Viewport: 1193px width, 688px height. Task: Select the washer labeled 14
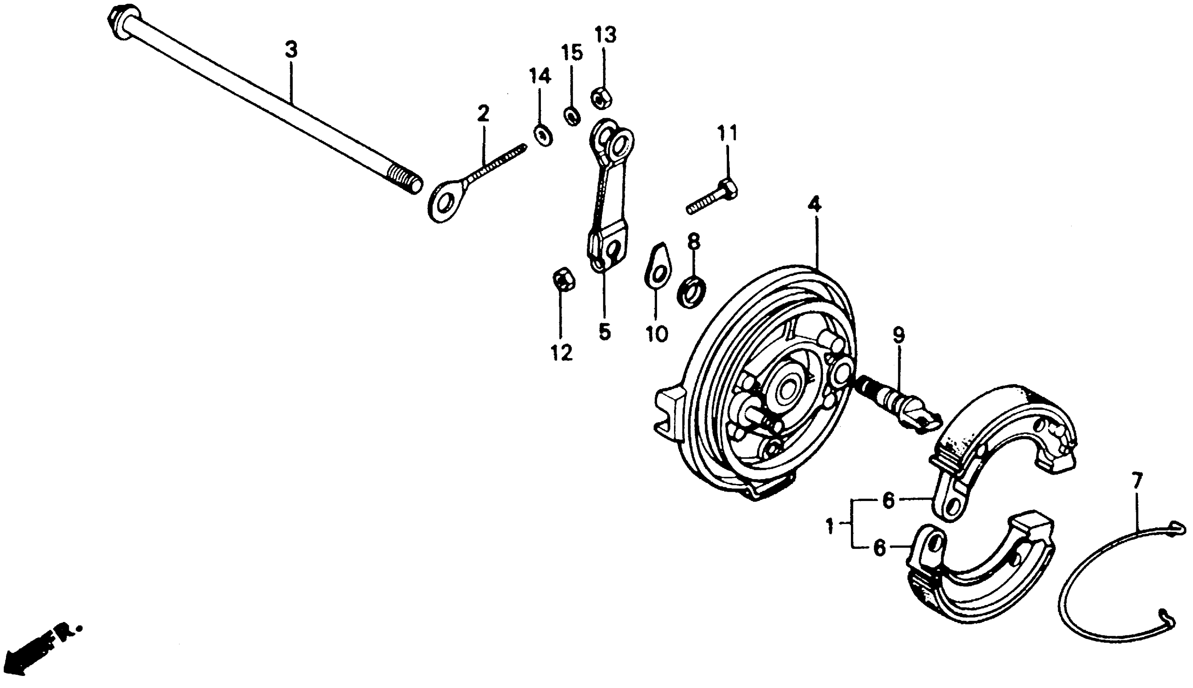tap(544, 135)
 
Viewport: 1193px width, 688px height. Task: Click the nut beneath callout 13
tap(601, 98)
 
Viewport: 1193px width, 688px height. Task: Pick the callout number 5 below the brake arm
tap(604, 332)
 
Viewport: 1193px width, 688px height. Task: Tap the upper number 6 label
tap(889, 501)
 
